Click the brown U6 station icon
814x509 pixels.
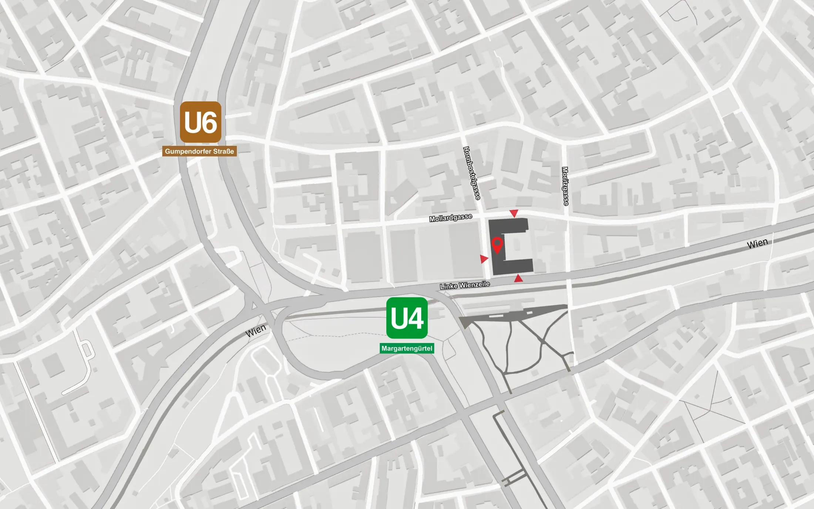pos(201,122)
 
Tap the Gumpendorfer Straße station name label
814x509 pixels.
pos(199,151)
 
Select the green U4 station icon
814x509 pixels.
pos(407,318)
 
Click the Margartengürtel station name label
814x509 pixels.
pos(407,348)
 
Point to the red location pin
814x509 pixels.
pos(497,245)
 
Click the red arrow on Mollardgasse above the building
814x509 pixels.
pos(514,213)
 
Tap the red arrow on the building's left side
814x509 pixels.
pos(484,259)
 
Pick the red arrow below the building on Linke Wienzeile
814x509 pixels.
pos(518,278)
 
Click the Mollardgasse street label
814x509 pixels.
pos(450,218)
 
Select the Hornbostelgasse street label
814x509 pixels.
pos(472,173)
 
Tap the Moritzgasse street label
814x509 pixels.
pos(565,186)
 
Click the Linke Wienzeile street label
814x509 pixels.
pos(465,285)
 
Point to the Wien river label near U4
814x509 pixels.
pos(256,330)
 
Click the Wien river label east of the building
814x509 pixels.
pos(757,244)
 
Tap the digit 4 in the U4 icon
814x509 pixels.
pos(416,318)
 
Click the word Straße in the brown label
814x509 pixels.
pos(223,151)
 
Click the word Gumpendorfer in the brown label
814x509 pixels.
pos(188,151)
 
